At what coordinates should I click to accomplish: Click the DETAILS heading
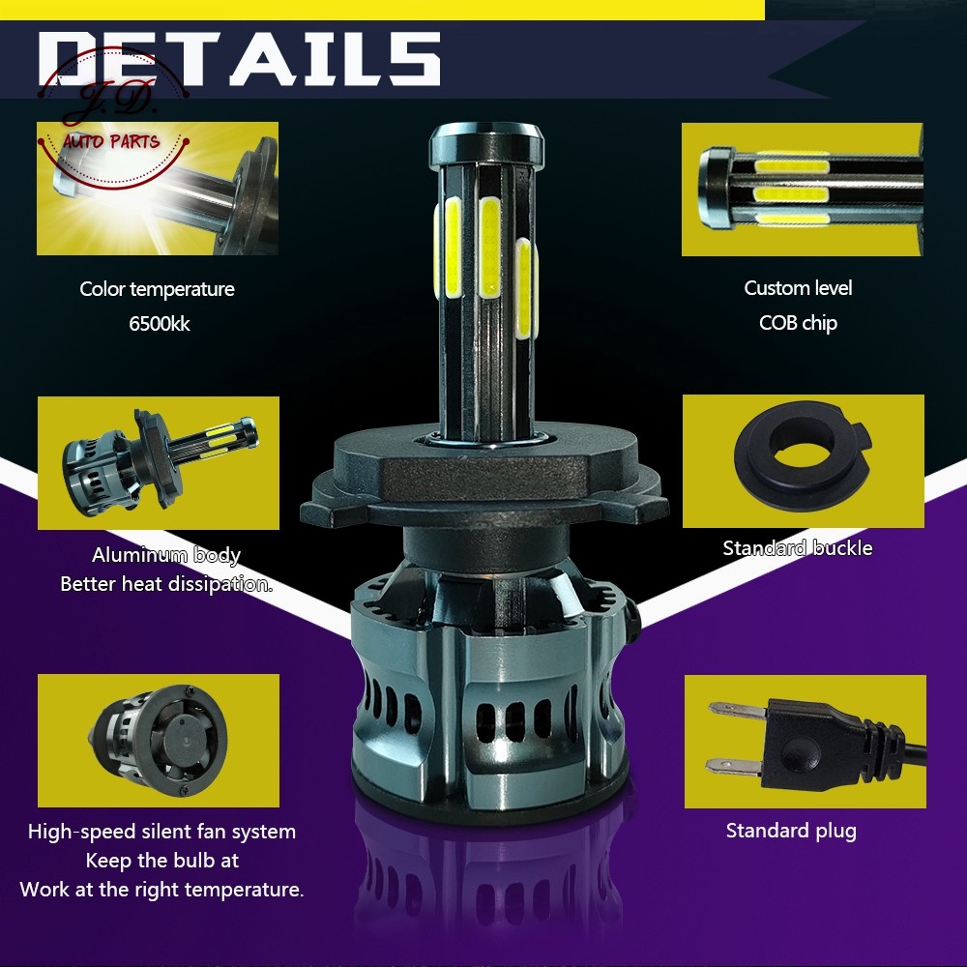(239, 59)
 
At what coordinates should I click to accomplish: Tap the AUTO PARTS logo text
(111, 142)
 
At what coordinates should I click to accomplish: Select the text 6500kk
(160, 324)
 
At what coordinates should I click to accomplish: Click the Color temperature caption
(157, 289)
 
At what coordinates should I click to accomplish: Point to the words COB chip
(798, 323)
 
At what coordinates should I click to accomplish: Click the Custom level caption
(798, 288)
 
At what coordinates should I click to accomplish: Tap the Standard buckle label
(798, 548)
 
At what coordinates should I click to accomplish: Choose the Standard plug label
(791, 831)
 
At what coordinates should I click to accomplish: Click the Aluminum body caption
(166, 555)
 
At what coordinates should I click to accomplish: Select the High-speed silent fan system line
(161, 832)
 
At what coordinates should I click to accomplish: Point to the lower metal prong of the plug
(734, 766)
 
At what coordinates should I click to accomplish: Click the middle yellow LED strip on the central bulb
(489, 247)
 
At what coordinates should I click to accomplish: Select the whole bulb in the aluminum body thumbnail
(160, 460)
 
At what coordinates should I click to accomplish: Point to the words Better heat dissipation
(166, 584)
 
